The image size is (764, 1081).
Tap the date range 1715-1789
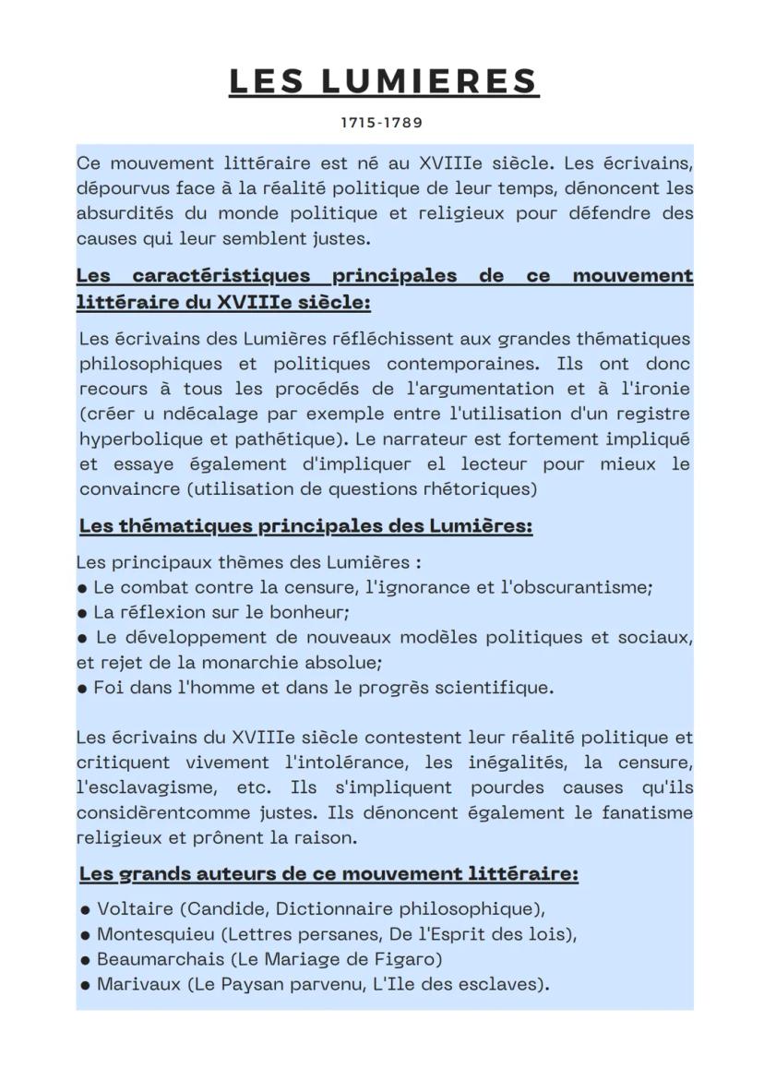(382, 122)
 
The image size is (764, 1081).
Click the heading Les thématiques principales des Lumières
(305, 526)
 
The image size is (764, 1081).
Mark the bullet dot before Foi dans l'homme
(83, 688)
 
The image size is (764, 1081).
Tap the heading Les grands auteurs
(328, 873)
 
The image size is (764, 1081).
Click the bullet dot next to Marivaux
(85, 984)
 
